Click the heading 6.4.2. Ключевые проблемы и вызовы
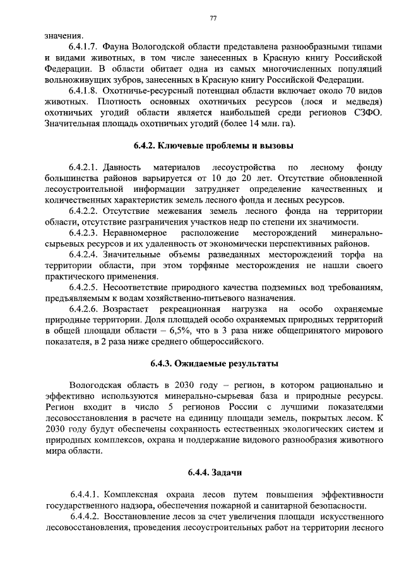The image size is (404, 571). (x=213, y=146)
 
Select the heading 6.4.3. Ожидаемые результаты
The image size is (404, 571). (x=213, y=364)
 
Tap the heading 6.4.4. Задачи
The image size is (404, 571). (x=213, y=472)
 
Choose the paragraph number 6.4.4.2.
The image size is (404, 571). (x=85, y=517)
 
